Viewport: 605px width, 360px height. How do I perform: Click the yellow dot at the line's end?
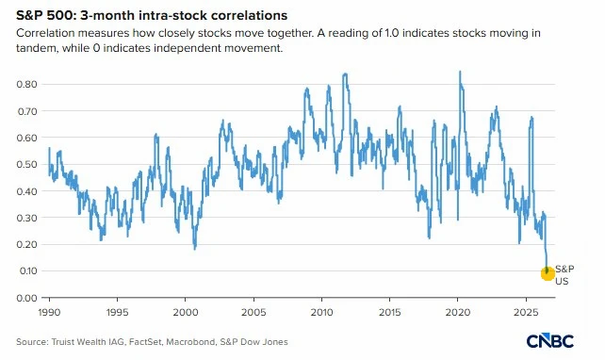click(x=548, y=273)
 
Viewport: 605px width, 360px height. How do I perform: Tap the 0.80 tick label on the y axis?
click(x=26, y=84)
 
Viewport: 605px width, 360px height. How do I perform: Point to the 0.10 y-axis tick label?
click(x=26, y=270)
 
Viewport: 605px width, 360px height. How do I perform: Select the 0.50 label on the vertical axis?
click(x=26, y=164)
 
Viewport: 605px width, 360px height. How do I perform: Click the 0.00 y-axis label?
click(x=26, y=298)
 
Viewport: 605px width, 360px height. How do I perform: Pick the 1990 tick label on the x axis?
click(x=49, y=312)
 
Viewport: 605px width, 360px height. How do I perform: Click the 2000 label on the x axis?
click(x=186, y=312)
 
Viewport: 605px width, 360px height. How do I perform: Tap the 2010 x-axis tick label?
click(x=321, y=312)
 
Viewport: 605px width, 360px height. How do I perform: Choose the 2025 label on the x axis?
click(x=526, y=312)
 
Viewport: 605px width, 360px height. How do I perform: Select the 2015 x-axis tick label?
click(x=390, y=312)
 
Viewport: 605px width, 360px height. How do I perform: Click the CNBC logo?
click(x=549, y=341)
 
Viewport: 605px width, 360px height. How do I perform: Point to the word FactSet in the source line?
click(x=145, y=342)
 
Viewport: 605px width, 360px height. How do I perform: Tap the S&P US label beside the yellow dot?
click(x=564, y=275)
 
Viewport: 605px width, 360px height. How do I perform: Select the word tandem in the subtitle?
click(x=36, y=48)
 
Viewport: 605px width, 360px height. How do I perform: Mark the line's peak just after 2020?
click(x=460, y=72)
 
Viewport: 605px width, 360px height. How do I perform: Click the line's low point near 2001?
click(x=194, y=249)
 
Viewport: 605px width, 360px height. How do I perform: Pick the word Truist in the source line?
click(x=63, y=342)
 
